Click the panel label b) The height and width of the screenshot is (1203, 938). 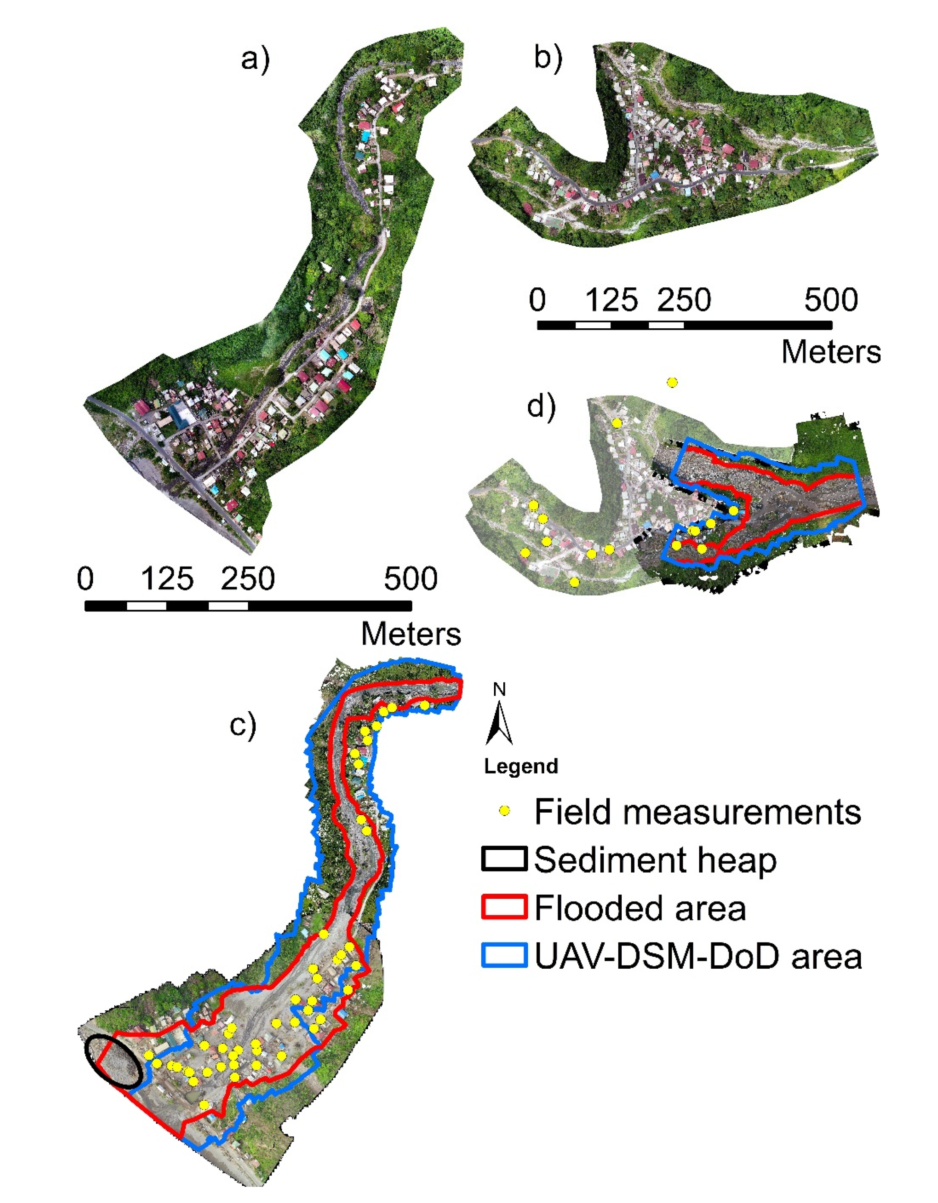click(548, 58)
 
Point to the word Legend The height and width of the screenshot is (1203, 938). click(521, 766)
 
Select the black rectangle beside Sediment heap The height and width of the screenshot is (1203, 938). click(504, 859)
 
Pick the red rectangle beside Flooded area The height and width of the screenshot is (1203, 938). click(504, 907)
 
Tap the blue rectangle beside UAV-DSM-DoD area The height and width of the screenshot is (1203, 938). click(504, 956)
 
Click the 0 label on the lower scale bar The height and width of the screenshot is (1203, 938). click(85, 579)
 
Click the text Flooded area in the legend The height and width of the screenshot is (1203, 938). click(640, 908)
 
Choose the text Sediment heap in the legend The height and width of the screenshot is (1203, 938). click(655, 859)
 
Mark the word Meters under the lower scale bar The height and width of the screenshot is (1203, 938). click(411, 634)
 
